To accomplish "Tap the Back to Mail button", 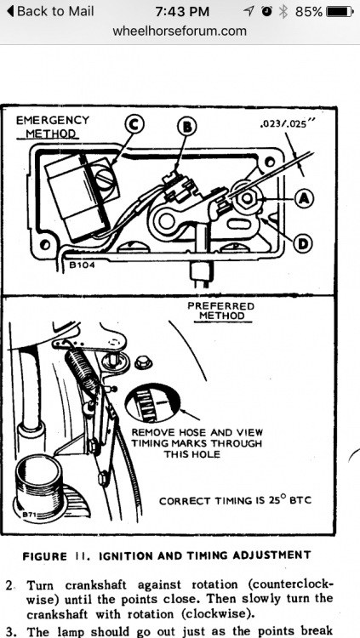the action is point(49,11).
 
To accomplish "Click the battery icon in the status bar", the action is point(340,11).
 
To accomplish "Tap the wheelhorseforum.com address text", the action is point(180,31).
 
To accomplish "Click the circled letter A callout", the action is point(303,198).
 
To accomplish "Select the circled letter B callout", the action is point(186,127).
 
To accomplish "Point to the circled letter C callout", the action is point(134,125).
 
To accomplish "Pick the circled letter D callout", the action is point(303,244).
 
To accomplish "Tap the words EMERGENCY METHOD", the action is point(52,127).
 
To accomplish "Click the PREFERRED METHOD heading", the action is point(220,310).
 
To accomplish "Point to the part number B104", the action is point(82,265).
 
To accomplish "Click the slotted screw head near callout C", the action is point(105,179).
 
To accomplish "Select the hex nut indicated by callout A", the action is point(246,198).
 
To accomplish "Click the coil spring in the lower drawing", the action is point(83,368).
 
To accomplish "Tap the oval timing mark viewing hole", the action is point(151,403).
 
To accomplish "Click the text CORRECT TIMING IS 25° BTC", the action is point(235,500).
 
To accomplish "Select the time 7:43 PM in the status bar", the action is point(182,11).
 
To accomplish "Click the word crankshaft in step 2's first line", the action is point(95,585).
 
